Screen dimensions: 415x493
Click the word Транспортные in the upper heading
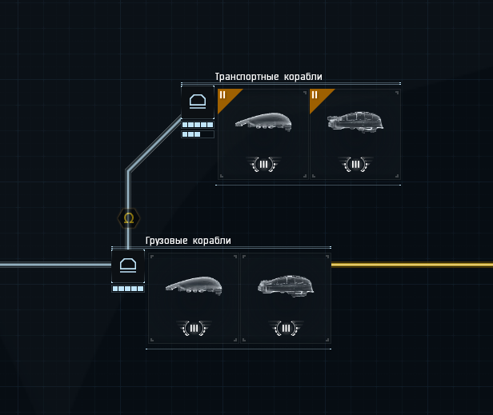pyautogui.click(x=246, y=77)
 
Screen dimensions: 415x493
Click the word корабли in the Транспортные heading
pyautogui.click(x=303, y=77)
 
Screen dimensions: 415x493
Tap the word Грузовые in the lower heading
pyautogui.click(x=166, y=241)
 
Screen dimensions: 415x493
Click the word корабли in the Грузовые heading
pyautogui.click(x=212, y=241)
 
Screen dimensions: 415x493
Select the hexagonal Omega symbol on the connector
pyautogui.click(x=129, y=217)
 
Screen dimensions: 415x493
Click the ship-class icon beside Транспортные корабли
pyautogui.click(x=198, y=102)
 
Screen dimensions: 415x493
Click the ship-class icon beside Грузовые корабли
pyautogui.click(x=127, y=265)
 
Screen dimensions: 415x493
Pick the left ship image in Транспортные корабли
pyautogui.click(x=263, y=122)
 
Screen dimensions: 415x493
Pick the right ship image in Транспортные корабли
pyautogui.click(x=355, y=122)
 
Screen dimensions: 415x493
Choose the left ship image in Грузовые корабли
pyautogui.click(x=193, y=285)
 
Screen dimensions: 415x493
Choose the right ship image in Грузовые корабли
pyautogui.click(x=286, y=285)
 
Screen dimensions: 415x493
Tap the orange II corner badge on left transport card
pyautogui.click(x=226, y=97)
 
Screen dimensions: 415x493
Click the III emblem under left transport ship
pyautogui.click(x=263, y=165)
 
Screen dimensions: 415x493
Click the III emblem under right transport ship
pyautogui.click(x=355, y=165)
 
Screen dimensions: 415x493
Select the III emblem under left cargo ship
pyautogui.click(x=193, y=328)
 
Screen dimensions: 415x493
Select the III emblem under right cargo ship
pyautogui.click(x=286, y=328)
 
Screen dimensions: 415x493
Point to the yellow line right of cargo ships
pyautogui.click(x=411, y=265)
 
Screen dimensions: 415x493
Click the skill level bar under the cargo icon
pyautogui.click(x=127, y=289)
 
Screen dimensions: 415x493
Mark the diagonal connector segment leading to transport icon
pyautogui.click(x=154, y=143)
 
